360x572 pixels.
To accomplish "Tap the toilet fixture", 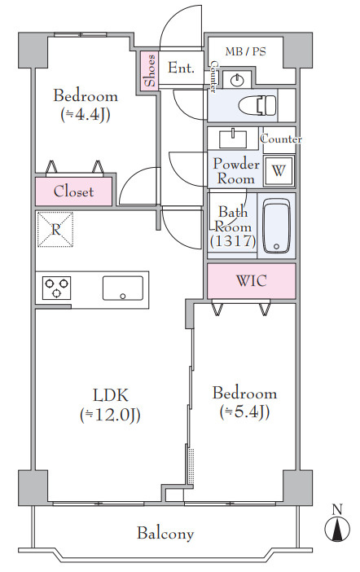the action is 257,105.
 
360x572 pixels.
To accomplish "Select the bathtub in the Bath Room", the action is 276,226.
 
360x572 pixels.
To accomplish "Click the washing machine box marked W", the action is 279,170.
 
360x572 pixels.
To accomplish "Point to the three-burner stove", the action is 56,288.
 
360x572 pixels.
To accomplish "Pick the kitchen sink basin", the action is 123,288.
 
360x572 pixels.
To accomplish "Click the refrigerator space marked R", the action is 55,230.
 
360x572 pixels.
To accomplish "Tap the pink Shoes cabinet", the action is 150,71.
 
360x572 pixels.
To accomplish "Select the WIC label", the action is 252,280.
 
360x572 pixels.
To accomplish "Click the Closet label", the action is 73,191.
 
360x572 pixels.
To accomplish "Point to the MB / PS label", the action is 245,52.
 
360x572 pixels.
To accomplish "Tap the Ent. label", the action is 181,68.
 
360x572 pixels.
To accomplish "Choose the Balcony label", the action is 165,534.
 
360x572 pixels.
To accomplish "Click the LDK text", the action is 111,395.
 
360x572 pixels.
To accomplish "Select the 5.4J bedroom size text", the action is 244,412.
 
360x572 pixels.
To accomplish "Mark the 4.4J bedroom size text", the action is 86,115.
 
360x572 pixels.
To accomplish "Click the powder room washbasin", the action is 233,139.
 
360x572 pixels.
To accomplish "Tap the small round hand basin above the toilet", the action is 238,80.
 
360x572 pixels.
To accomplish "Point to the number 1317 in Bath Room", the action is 233,241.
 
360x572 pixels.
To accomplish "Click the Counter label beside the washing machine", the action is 281,139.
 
